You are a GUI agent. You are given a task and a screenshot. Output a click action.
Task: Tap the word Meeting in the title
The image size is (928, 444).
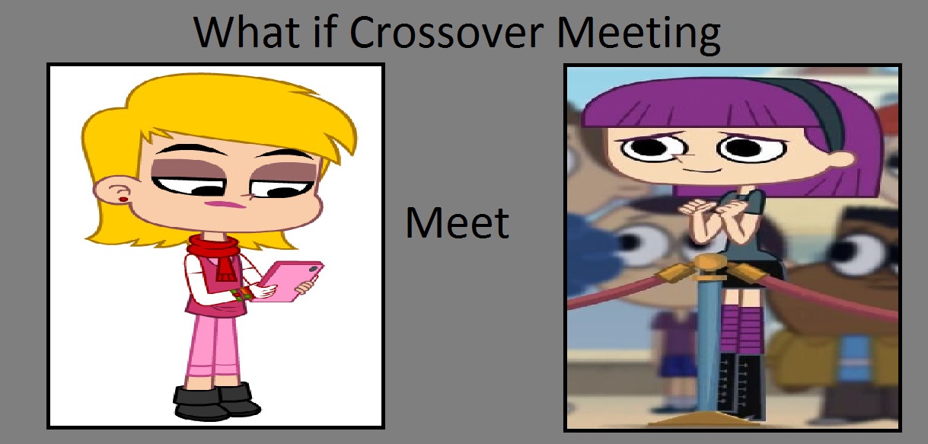pos(639,35)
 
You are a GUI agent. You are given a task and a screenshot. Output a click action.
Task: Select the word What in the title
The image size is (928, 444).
pos(247,32)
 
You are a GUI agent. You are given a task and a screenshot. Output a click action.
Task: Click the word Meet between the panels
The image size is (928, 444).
pos(458,223)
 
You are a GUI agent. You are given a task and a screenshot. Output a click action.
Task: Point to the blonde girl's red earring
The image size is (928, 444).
pos(123,200)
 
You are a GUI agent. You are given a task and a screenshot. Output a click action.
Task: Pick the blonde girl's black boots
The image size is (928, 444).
pos(215,401)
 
